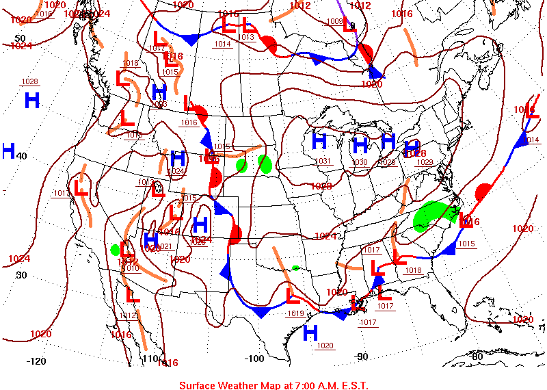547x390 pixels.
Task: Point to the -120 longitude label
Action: [36, 361]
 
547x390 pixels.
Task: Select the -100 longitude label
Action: [254, 358]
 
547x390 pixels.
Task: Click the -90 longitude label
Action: [361, 356]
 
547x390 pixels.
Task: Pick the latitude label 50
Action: [20, 38]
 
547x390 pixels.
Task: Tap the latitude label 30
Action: [21, 275]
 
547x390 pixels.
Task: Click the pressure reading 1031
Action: [323, 161]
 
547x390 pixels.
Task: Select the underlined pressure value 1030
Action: [359, 162]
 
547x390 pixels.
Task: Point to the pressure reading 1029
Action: [425, 162]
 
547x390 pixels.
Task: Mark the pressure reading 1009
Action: [335, 22]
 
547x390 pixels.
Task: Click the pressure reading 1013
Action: [247, 37]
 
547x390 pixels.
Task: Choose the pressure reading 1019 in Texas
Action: [295, 313]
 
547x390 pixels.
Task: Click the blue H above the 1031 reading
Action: [319, 142]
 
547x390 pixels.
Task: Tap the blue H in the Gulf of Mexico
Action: [310, 333]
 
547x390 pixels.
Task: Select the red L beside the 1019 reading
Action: [293, 296]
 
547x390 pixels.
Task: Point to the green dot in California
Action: [115, 250]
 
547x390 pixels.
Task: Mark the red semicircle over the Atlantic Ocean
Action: [484, 192]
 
